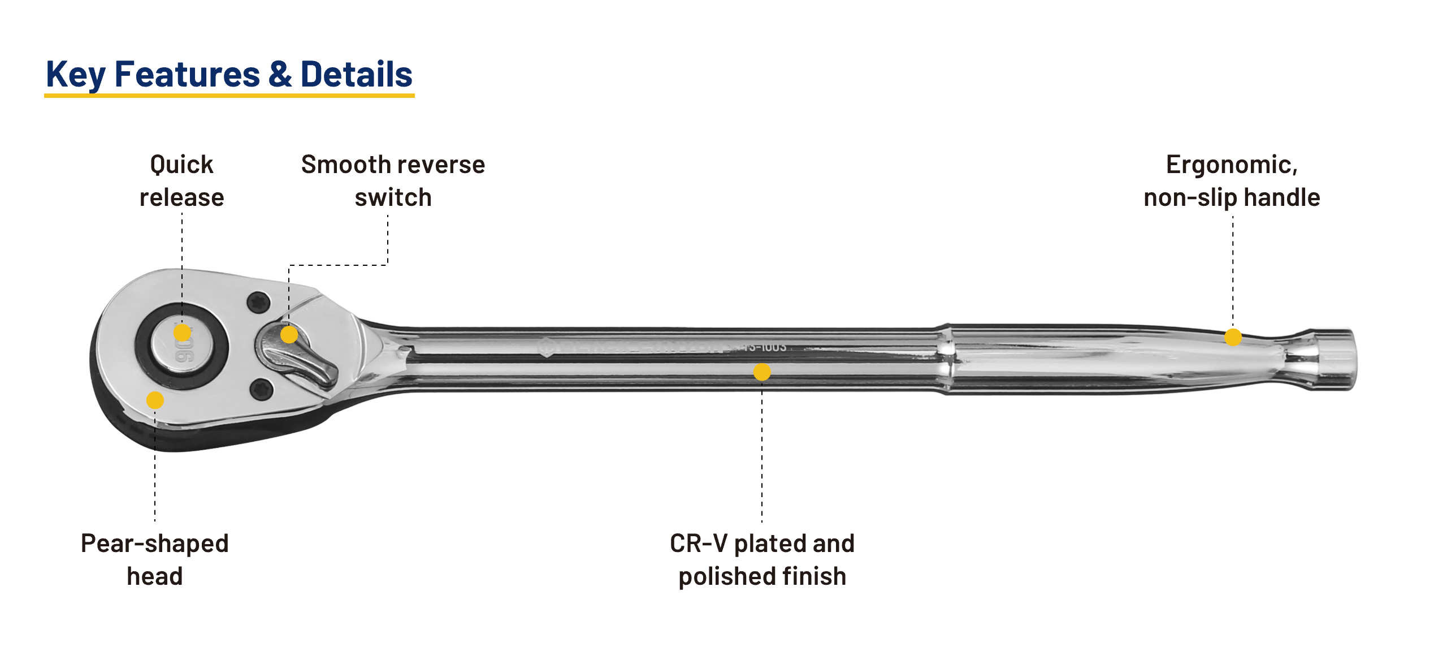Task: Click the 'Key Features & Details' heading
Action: pos(229,74)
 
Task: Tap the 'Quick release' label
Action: pos(182,181)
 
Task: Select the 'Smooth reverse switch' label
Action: pos(393,181)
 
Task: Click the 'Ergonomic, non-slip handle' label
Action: pos(1232,181)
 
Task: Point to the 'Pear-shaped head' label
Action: pos(155,559)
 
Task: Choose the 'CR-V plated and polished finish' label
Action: pos(762,559)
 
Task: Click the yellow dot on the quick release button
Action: pos(182,333)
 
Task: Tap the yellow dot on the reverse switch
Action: pos(289,335)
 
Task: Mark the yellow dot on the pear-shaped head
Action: pos(155,400)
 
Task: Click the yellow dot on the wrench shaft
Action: pos(762,372)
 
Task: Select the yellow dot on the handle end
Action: pos(1233,338)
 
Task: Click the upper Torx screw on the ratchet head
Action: pos(258,303)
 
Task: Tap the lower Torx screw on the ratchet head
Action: pos(261,389)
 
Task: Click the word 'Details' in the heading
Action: pos(356,74)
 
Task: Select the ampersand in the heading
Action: pos(280,74)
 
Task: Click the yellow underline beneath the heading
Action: pos(229,96)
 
